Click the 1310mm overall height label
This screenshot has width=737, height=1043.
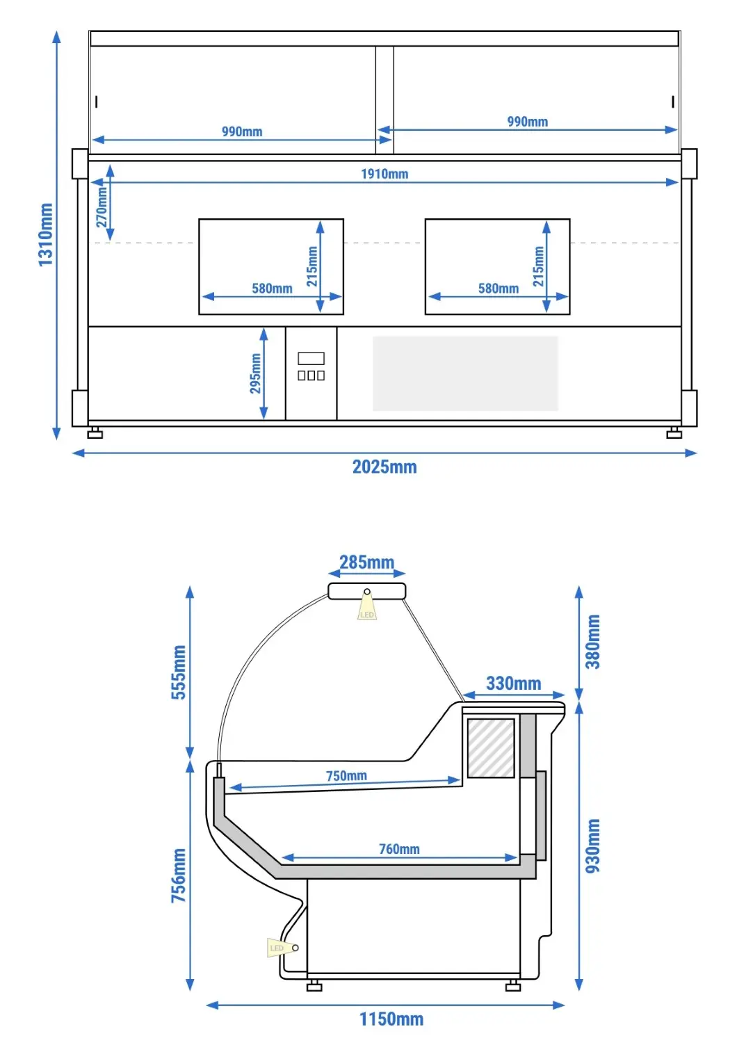[46, 235]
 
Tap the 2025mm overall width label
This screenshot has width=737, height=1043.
[384, 467]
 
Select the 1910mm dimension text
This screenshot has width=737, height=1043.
[384, 174]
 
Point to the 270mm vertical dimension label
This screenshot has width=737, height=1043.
[102, 207]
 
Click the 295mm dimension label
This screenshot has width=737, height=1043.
[255, 373]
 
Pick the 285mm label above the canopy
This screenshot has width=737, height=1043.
[367, 563]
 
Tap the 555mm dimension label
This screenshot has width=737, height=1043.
[179, 672]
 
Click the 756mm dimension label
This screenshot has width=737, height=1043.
[179, 875]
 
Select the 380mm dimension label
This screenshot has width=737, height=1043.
[592, 642]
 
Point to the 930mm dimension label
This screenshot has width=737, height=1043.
[592, 846]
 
